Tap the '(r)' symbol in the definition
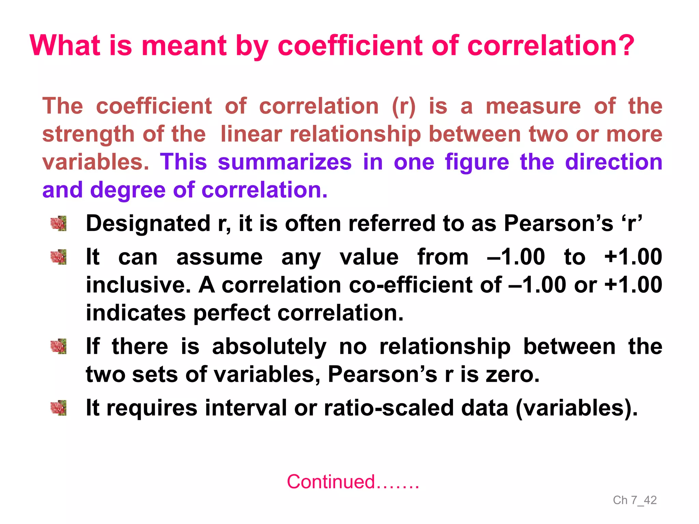403,106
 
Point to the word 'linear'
251,134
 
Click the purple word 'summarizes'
285,162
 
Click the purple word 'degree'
128,190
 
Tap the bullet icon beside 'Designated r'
58,224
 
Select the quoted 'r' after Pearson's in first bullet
632,223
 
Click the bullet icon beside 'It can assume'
58,257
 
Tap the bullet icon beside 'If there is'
58,347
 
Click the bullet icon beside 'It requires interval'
58,408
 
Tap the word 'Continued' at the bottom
331,482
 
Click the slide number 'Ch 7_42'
634,500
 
